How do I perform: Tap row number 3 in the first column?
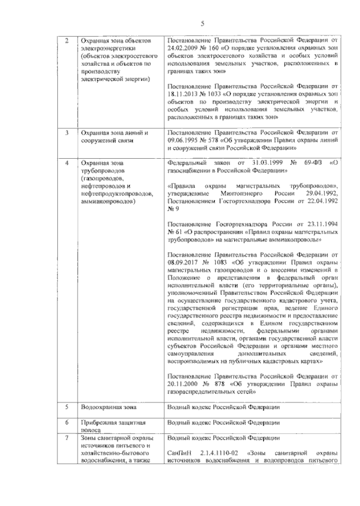tap(67, 133)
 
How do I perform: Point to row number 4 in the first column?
tap(67, 163)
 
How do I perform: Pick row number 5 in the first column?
tap(67, 406)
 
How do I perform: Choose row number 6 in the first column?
tap(67, 422)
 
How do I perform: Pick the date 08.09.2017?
tap(184, 262)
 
